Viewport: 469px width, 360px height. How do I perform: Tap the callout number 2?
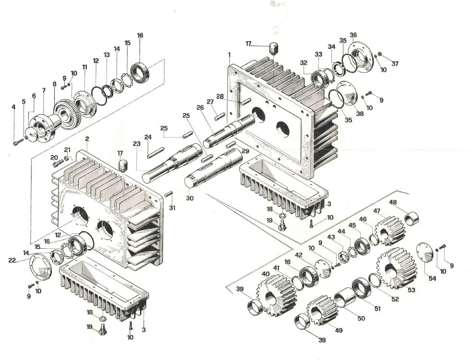tap(87, 139)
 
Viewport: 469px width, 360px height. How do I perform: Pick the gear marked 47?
tap(390, 230)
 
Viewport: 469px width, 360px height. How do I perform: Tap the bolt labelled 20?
tap(57, 163)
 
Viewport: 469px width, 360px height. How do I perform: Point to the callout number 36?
tap(353, 35)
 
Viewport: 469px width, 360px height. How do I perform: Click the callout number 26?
tap(200, 108)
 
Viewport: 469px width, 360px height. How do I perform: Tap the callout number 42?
tap(299, 255)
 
